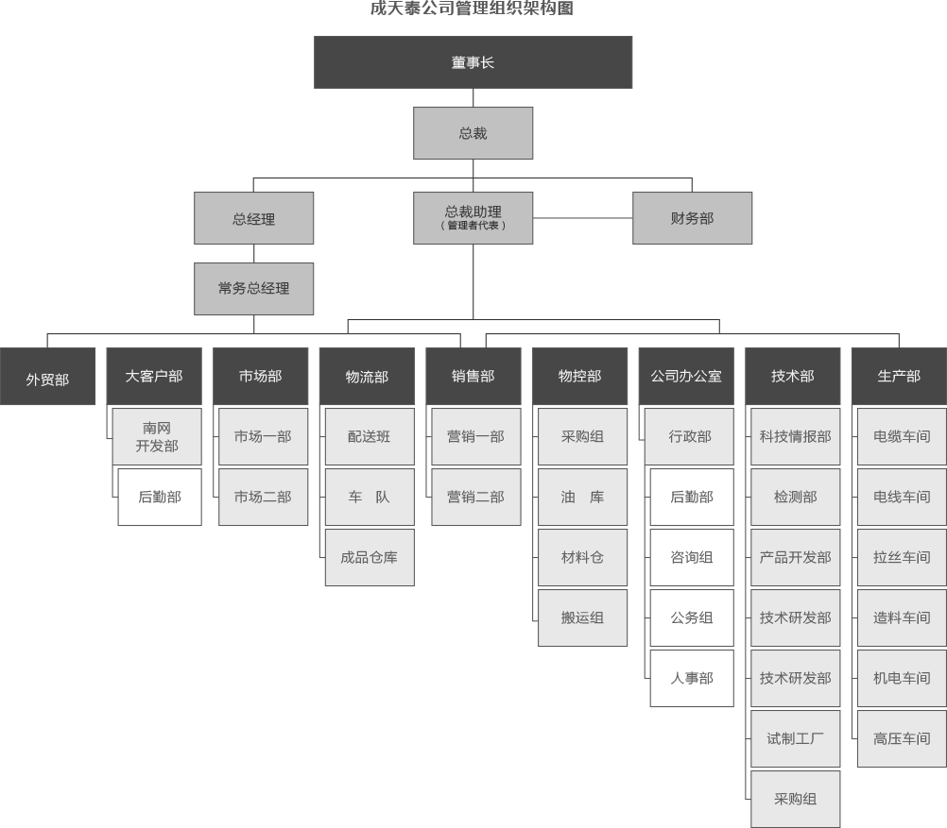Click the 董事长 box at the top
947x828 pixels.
tap(473, 62)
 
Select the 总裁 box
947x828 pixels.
tap(473, 133)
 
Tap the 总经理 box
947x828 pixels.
tap(253, 218)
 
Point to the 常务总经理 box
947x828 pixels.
tap(253, 289)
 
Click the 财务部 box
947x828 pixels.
tap(692, 218)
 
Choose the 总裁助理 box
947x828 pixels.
tap(473, 218)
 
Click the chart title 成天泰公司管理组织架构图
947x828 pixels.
tap(472, 8)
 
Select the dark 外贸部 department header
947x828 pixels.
tap(47, 376)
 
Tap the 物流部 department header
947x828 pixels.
tap(368, 376)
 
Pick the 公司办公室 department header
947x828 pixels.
tap(686, 376)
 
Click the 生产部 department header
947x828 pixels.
tap(900, 376)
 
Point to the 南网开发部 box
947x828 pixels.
tap(157, 437)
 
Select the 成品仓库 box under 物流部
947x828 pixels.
tap(370, 558)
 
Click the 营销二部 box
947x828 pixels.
tap(476, 498)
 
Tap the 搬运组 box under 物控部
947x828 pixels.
tap(583, 618)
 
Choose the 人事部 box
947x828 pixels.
tap(692, 678)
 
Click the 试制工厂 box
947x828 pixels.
tap(796, 738)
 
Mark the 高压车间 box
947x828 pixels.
tap(902, 738)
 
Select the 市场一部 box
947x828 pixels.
tap(264, 437)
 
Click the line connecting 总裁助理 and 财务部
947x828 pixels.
tap(583, 218)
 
